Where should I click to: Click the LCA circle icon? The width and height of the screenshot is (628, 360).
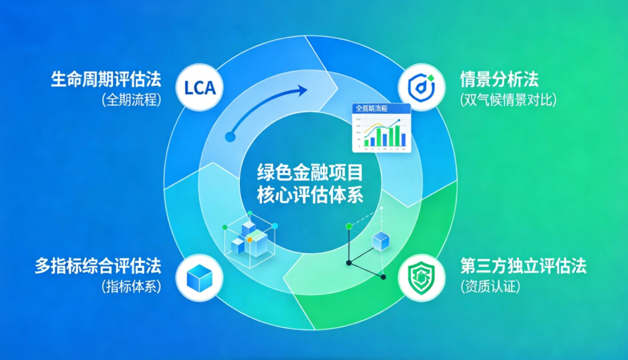coord(200,88)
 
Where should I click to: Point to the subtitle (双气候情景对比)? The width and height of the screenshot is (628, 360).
coord(508,100)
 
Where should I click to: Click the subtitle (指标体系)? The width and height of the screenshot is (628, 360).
coord(132,287)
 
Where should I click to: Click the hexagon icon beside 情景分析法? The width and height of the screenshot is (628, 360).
coord(421,87)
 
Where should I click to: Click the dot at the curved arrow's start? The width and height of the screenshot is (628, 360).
coord(230,136)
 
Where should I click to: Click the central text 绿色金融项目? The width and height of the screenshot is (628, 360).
coord(310,174)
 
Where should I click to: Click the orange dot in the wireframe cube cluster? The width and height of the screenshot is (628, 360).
coord(250,238)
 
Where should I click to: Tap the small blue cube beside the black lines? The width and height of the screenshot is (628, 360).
coord(381,241)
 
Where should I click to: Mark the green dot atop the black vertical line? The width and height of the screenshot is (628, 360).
coord(348,227)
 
